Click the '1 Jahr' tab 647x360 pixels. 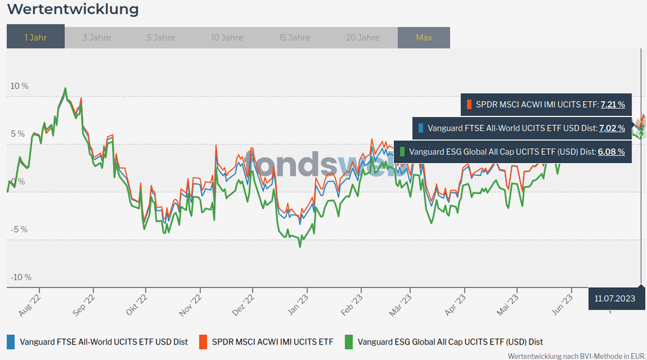tap(36, 38)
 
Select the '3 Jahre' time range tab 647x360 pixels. tap(96, 38)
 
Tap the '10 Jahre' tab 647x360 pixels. tap(227, 38)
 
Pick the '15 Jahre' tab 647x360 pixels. tap(295, 38)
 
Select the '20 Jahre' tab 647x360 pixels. tap(363, 38)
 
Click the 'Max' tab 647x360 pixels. tap(424, 38)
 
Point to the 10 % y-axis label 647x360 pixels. tap(19, 86)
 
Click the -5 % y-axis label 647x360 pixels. tap(19, 229)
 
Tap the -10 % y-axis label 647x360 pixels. tap(20, 277)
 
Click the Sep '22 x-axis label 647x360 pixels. tap(85, 302)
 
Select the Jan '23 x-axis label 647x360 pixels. tap(299, 302)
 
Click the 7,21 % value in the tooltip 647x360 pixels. tap(613, 104)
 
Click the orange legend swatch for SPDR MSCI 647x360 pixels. tap(203, 341)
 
